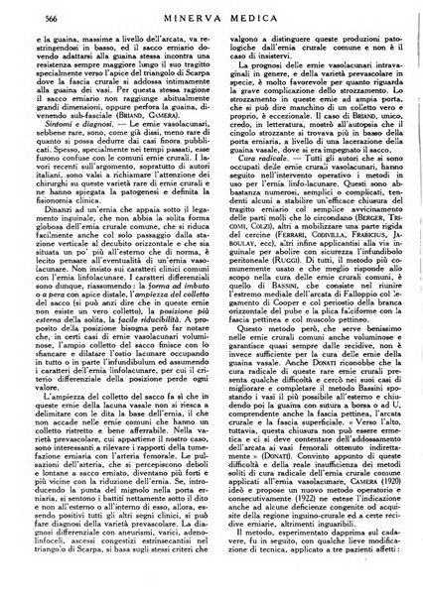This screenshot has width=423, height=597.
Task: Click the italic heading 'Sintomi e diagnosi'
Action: pos(81,175)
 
